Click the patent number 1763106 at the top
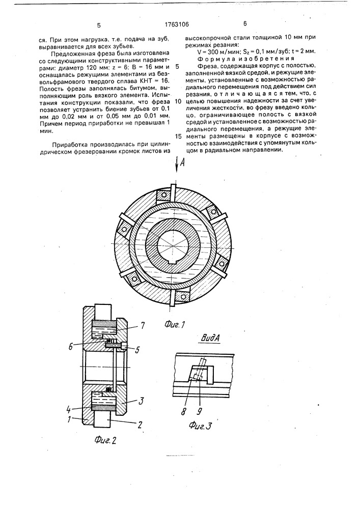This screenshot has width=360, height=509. pyautogui.click(x=176, y=24)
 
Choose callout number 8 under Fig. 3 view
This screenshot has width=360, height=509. pyautogui.click(x=184, y=409)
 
